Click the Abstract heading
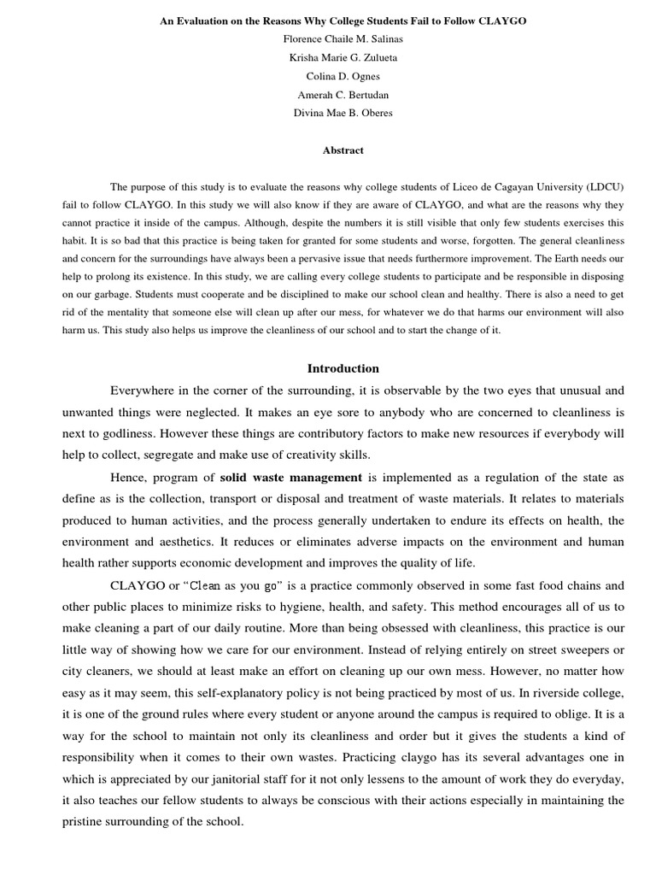pos(343,150)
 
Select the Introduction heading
pos(343,368)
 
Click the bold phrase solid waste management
pos(291,477)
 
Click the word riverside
pos(551,693)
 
